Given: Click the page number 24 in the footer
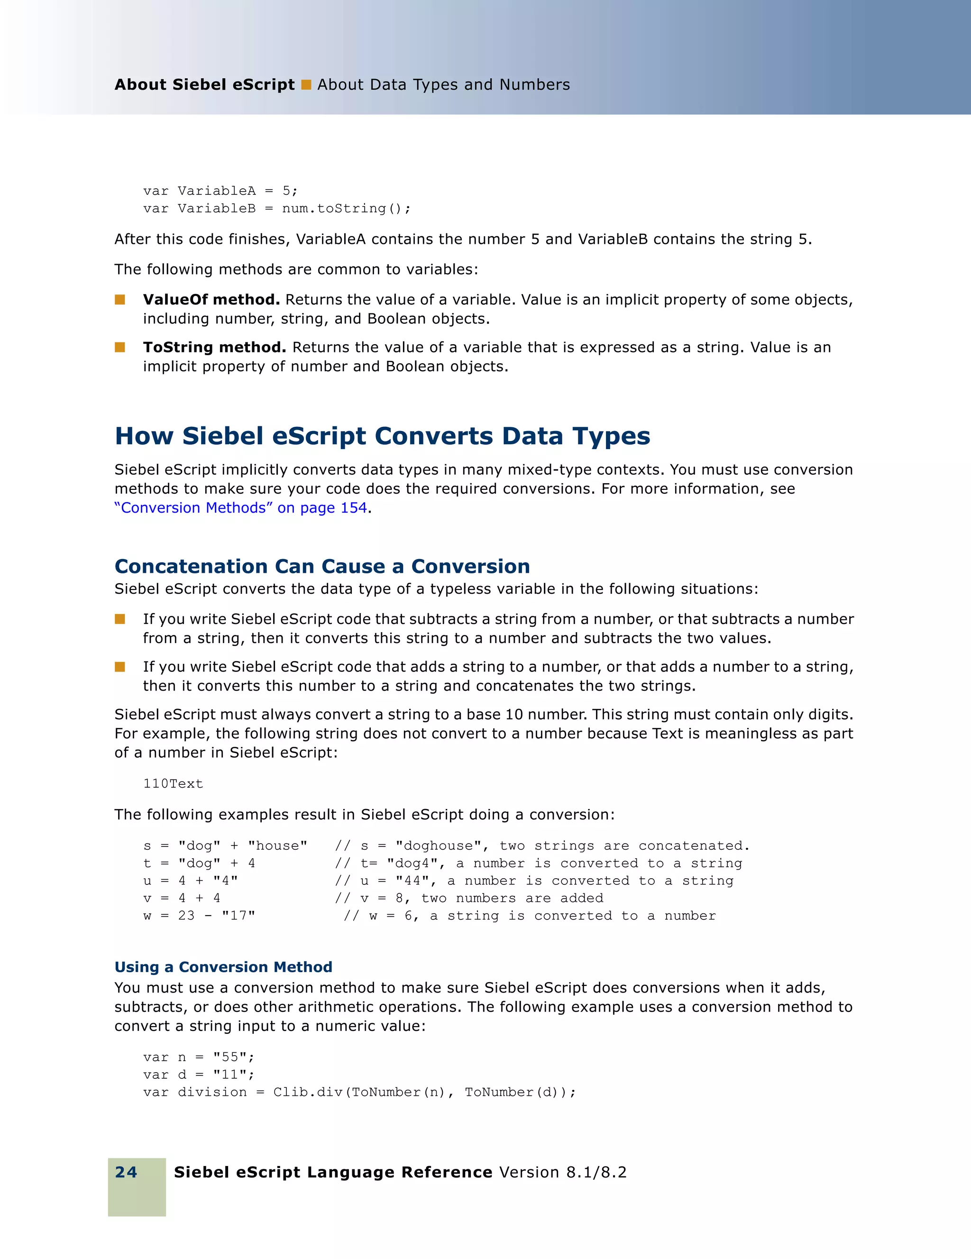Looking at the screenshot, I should click(x=126, y=1172).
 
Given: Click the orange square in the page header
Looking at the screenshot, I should click(x=306, y=85).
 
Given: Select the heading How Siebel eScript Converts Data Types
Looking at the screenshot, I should click(x=382, y=436).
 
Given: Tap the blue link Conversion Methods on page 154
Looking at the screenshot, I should click(x=241, y=508).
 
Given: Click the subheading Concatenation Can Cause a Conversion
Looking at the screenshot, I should click(x=322, y=566).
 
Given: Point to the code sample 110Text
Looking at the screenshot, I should click(x=173, y=783).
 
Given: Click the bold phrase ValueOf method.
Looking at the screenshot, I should click(x=211, y=300).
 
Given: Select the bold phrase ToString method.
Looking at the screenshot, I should click(x=214, y=348).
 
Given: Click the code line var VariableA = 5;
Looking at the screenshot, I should click(x=220, y=191).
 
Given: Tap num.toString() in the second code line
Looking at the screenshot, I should click(x=346, y=208).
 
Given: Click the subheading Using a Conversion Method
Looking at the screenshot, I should click(x=223, y=967).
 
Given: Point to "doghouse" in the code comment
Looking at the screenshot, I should click(x=438, y=845).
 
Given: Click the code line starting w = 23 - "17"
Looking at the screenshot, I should click(x=200, y=915).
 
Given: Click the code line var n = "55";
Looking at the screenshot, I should click(x=199, y=1057).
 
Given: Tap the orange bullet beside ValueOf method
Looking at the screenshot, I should click(x=120, y=299).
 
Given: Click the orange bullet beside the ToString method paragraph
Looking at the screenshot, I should click(x=120, y=347).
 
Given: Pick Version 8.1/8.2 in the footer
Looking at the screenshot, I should click(x=562, y=1172).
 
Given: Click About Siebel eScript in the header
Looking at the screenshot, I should click(x=204, y=85).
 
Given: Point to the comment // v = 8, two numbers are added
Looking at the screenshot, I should click(x=468, y=898).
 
